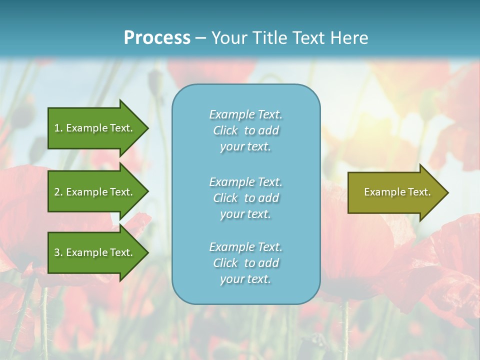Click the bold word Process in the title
[157, 38]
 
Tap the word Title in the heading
[269, 38]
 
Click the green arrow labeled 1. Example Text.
[95, 128]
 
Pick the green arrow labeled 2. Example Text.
[95, 192]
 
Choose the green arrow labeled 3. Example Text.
[95, 252]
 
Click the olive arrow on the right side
[395, 192]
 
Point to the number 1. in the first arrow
[58, 128]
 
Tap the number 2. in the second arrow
[58, 192]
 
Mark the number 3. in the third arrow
[58, 252]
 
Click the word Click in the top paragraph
[225, 130]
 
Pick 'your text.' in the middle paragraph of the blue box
[245, 214]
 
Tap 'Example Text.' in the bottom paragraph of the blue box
[245, 247]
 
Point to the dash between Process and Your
[200, 38]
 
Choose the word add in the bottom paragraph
[269, 263]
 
